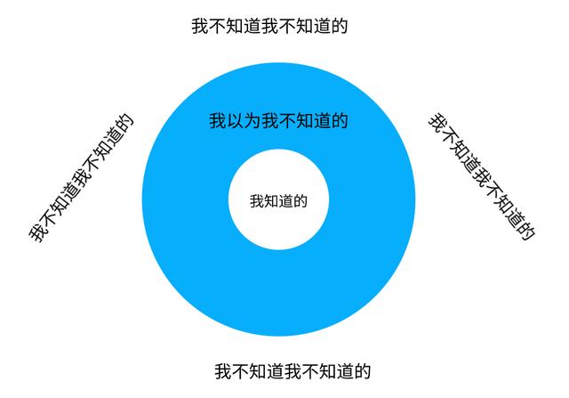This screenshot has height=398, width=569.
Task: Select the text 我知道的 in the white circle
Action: tap(278, 201)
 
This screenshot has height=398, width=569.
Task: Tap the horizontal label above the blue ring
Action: tap(268, 26)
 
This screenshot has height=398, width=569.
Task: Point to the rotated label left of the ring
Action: tap(81, 177)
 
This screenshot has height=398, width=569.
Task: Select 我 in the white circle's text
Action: tap(257, 201)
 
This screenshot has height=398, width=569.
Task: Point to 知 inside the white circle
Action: tap(271, 201)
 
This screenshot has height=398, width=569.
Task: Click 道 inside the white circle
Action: tap(285, 201)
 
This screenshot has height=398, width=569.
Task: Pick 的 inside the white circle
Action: tap(300, 201)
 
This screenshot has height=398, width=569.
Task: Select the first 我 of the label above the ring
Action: tap(201, 26)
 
